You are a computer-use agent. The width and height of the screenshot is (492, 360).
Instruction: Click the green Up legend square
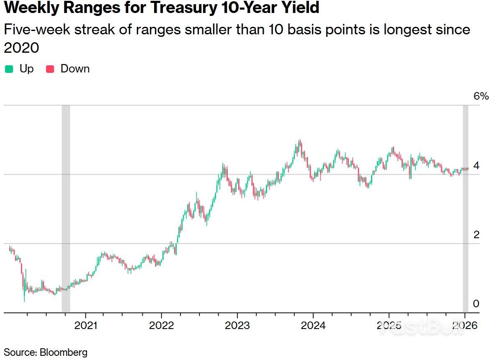click(x=8, y=69)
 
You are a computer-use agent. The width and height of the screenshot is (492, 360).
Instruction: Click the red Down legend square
click(x=50, y=69)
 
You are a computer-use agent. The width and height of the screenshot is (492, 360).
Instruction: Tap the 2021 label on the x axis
click(x=86, y=326)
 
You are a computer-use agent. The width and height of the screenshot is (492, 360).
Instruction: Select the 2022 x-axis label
click(x=162, y=326)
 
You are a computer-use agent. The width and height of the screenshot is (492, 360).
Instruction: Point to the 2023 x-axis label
click(x=237, y=326)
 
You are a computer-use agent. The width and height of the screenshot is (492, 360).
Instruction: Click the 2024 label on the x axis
click(x=313, y=326)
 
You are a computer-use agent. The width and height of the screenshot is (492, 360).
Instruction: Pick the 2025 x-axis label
click(x=389, y=326)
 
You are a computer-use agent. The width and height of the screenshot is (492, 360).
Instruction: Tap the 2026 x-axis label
click(x=465, y=326)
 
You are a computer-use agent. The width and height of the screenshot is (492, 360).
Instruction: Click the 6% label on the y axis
click(x=481, y=96)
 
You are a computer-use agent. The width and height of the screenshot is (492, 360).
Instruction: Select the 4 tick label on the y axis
click(x=476, y=166)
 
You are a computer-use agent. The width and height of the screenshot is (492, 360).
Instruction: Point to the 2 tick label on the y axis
click(x=476, y=235)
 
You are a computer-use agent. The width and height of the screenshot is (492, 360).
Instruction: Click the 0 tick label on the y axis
click(x=476, y=303)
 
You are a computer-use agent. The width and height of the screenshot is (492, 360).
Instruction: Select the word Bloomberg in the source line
click(x=64, y=352)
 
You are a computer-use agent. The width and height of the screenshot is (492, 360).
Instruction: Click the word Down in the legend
click(x=75, y=69)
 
